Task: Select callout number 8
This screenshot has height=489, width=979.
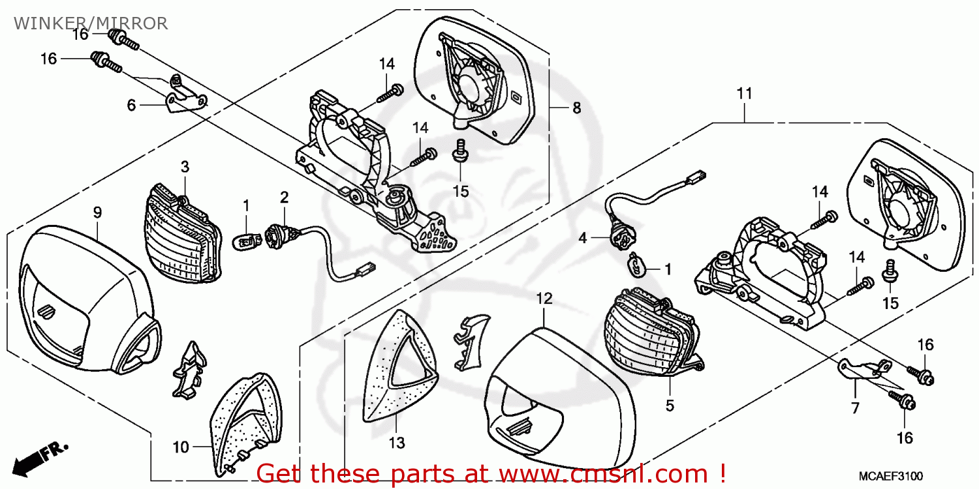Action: [576, 108]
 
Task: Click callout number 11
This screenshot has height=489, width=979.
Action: [745, 94]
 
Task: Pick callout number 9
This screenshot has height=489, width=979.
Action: [97, 212]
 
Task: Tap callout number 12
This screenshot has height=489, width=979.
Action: [544, 299]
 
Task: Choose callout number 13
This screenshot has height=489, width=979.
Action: [397, 444]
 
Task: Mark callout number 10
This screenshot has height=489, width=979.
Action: [181, 447]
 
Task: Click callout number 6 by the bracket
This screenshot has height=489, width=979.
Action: [131, 105]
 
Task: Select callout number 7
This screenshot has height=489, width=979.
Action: [855, 409]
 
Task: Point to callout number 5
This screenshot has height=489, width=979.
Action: [670, 405]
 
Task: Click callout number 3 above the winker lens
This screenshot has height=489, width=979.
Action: [185, 167]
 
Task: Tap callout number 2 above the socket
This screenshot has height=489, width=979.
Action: [285, 196]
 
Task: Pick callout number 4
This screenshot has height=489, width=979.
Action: [583, 239]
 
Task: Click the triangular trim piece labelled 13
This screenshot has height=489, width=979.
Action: [398, 368]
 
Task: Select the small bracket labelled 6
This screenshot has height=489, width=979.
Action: [186, 98]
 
